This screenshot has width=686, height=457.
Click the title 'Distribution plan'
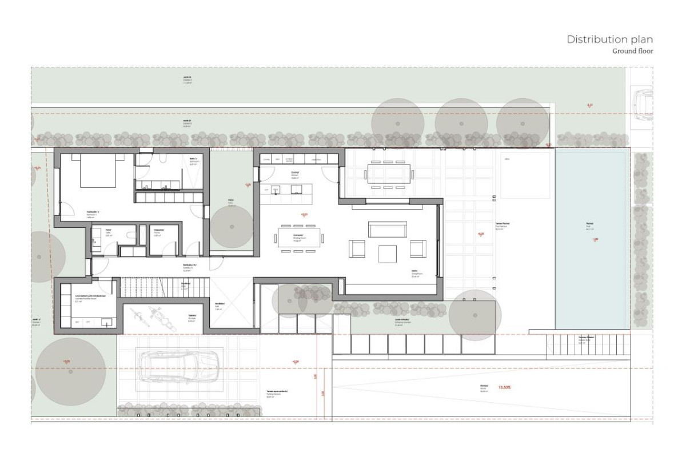coord(609,39)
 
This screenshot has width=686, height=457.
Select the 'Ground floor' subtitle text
coord(632,51)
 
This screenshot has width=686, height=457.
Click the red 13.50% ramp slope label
coord(505,387)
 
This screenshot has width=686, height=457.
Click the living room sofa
coord(388,230)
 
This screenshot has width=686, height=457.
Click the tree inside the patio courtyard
coord(231,227)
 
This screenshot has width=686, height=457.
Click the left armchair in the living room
coord(357,248)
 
